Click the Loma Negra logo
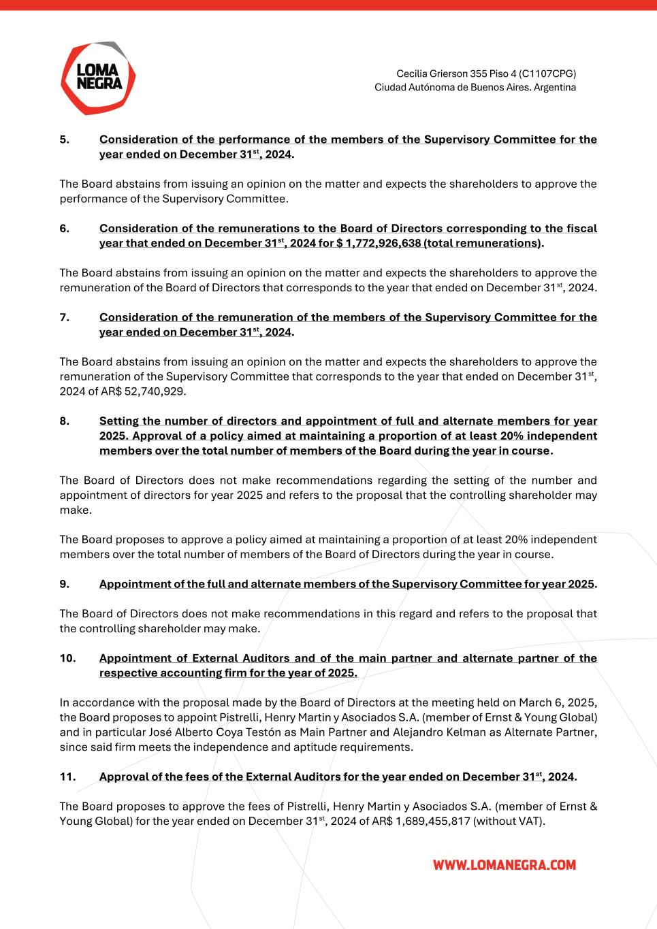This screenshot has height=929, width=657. (98, 78)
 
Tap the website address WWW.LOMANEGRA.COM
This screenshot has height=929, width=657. (504, 865)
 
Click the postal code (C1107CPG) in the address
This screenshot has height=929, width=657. (547, 73)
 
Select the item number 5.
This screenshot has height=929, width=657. (64, 140)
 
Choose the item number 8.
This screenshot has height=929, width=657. (64, 421)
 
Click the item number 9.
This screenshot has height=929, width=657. (64, 584)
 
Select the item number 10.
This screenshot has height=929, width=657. (67, 658)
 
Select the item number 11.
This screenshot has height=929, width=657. (67, 777)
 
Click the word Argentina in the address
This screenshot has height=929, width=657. (554, 88)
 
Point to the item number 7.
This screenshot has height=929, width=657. (64, 317)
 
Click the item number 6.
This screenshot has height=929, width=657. (64, 229)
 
